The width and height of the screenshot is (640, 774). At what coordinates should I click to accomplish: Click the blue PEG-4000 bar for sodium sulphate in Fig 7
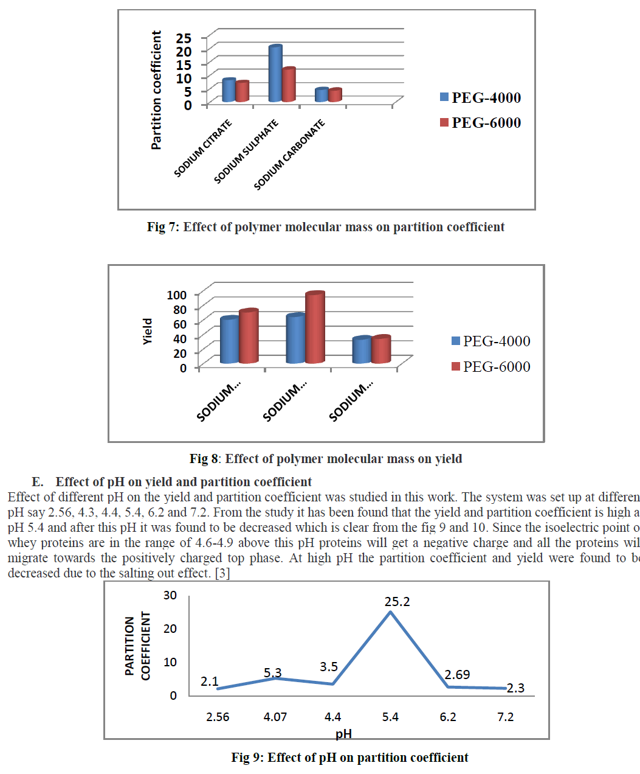[275, 74]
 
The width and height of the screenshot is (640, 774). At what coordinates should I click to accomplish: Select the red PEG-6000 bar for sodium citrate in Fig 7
[243, 92]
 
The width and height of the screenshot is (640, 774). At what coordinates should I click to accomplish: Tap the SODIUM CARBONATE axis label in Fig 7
[289, 155]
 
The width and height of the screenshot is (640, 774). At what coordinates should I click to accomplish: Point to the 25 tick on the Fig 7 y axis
[184, 38]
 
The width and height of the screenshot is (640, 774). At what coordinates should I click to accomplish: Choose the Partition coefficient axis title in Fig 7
[156, 90]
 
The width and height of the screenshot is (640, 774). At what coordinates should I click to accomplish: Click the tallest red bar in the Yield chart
[315, 329]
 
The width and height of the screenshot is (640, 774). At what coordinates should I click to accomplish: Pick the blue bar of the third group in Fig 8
[362, 350]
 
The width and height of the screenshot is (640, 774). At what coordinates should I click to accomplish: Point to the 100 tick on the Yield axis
[177, 295]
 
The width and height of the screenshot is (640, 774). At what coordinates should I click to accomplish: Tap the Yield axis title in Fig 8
[148, 332]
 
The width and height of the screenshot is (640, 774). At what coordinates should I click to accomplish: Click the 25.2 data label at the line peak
[397, 602]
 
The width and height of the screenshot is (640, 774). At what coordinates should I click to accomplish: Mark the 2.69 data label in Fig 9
[457, 675]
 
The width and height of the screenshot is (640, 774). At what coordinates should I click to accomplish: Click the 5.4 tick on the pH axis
[390, 717]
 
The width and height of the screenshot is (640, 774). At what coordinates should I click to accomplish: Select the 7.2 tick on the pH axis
[505, 717]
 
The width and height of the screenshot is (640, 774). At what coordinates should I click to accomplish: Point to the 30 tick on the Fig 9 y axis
[170, 595]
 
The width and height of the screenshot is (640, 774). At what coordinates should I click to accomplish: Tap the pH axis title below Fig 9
[343, 734]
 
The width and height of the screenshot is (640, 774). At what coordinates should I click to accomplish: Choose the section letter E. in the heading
[38, 482]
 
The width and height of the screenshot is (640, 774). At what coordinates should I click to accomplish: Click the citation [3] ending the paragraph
[222, 573]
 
